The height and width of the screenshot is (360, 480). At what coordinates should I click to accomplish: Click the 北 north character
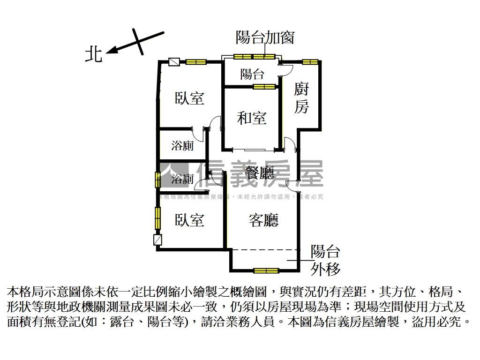pos(93,54)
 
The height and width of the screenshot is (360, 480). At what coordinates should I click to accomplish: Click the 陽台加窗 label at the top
pos(265,37)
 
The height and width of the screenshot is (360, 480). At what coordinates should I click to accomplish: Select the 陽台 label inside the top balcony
pos(252,74)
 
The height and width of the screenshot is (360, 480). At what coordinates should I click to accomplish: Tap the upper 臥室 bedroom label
pos(190,98)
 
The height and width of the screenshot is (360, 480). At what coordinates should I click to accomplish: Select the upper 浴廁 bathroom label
pos(182,146)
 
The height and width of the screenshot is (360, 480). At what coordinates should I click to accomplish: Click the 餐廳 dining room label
pos(260,174)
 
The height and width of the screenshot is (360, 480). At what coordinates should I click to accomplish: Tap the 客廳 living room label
pos(263,220)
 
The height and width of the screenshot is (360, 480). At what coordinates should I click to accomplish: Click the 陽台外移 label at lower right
pos(326,260)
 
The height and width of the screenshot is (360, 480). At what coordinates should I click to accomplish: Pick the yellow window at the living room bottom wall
pos(266,270)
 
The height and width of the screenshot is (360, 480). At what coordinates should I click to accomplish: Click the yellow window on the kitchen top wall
pos(310,61)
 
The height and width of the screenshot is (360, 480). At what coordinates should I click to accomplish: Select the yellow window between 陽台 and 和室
pos(264,86)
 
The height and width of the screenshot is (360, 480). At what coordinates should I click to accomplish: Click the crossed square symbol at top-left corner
pos(174,62)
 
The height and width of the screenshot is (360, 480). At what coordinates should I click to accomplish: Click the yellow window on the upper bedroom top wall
pos(196,61)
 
